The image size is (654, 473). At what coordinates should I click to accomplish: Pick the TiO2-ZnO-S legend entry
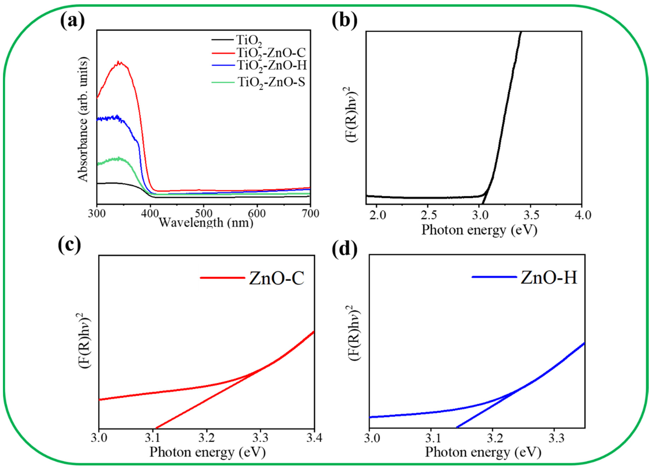click(271, 83)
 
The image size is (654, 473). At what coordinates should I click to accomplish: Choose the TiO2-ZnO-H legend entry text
click(271, 66)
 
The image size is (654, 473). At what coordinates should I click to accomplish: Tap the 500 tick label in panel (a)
click(204, 214)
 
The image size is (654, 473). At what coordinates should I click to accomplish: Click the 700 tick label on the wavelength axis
click(310, 214)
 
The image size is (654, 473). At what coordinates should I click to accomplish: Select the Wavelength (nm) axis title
click(206, 222)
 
